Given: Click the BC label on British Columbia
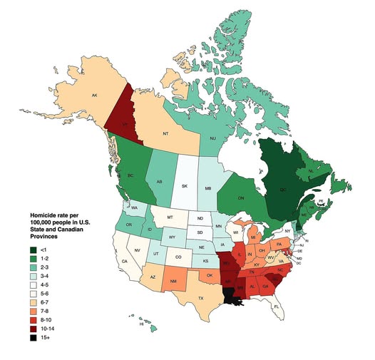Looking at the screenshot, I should click(130, 175).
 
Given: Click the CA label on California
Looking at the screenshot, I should click(124, 262).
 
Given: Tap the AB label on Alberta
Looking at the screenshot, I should click(158, 181).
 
